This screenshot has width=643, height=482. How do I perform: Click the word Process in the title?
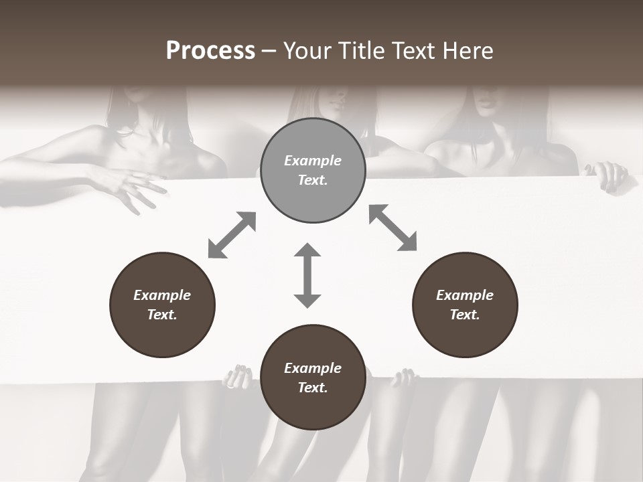tap(210, 51)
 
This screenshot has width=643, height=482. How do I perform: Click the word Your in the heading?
tap(306, 51)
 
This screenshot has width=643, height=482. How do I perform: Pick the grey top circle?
tap(313, 171)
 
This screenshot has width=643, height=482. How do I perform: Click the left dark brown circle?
tap(162, 305)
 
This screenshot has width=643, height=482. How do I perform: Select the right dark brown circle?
tap(465, 305)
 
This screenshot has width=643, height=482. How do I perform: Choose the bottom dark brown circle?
tap(313, 378)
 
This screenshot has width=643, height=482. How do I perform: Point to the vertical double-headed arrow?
tap(307, 275)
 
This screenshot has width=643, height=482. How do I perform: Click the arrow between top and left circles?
tap(232, 235)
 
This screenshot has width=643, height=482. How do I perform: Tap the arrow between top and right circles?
tap(392, 228)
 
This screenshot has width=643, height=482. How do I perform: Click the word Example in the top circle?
tap(313, 161)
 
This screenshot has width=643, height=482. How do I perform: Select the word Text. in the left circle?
tap(162, 315)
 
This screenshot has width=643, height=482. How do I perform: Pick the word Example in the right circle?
tap(465, 295)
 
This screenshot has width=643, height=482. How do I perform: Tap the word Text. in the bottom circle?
tap(313, 388)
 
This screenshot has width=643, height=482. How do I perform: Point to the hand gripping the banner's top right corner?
tap(610, 177)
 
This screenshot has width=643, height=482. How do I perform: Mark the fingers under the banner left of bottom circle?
tap(238, 376)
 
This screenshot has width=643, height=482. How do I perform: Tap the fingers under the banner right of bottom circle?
tap(404, 378)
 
